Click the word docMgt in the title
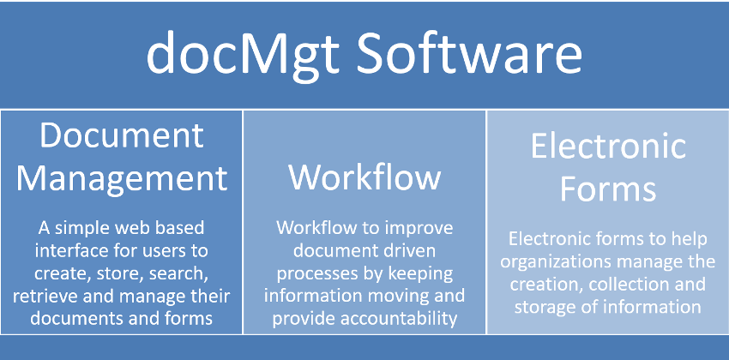coord(242,53)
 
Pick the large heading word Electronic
coord(608,146)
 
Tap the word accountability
coord(395,319)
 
